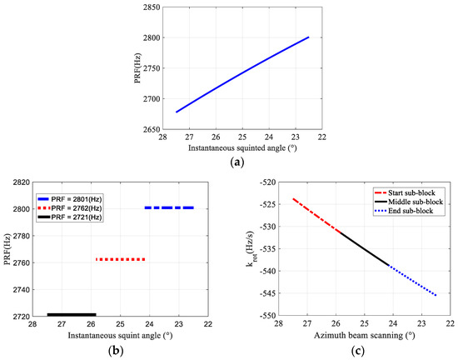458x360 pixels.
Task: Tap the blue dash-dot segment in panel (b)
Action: (169, 207)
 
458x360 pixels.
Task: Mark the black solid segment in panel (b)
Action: (72, 314)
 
